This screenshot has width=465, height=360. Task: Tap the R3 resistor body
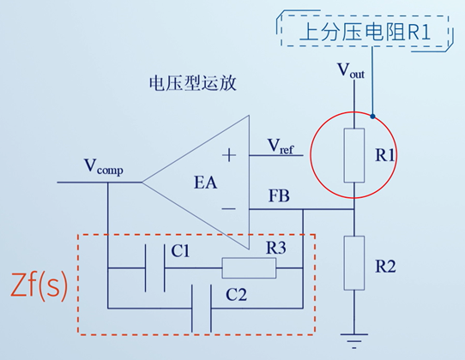(249, 268)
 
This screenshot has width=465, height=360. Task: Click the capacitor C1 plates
(154, 268)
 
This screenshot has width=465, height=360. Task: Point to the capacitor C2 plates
(202, 307)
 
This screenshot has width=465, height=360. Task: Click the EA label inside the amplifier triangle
(207, 182)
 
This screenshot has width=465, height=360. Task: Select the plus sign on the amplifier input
(229, 155)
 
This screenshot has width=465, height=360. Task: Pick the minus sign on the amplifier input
(229, 208)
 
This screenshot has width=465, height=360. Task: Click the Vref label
(281, 147)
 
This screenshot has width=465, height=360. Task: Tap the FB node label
(280, 197)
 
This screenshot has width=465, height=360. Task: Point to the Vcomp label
(103, 166)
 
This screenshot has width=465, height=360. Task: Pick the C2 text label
(236, 294)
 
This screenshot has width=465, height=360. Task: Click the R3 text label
(276, 248)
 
